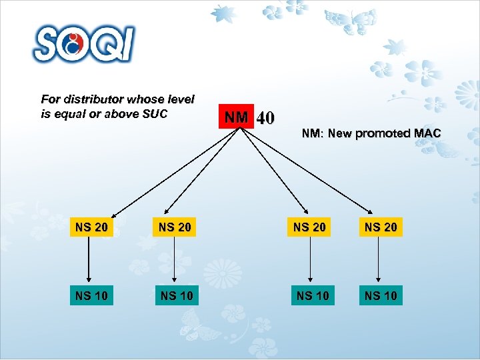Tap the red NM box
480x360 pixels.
click(236, 118)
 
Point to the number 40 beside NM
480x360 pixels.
click(265, 119)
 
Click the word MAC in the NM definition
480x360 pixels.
click(427, 133)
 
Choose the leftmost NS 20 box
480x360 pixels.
click(91, 227)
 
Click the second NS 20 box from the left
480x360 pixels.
click(175, 227)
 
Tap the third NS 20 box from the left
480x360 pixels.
click(310, 227)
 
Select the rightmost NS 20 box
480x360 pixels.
click(381, 227)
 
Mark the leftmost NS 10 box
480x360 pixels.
click(91, 295)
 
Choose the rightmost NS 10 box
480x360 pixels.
click(381, 295)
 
